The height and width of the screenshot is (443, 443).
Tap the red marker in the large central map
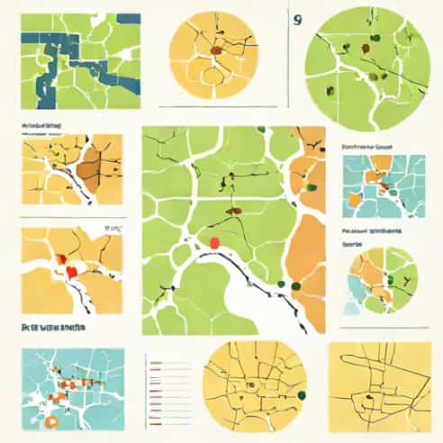coord(214,241)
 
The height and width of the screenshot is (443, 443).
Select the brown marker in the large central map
coord(233,209)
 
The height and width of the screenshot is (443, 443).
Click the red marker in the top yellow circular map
coord(216,50)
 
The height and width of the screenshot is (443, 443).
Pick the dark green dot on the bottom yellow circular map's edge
coord(301,393)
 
